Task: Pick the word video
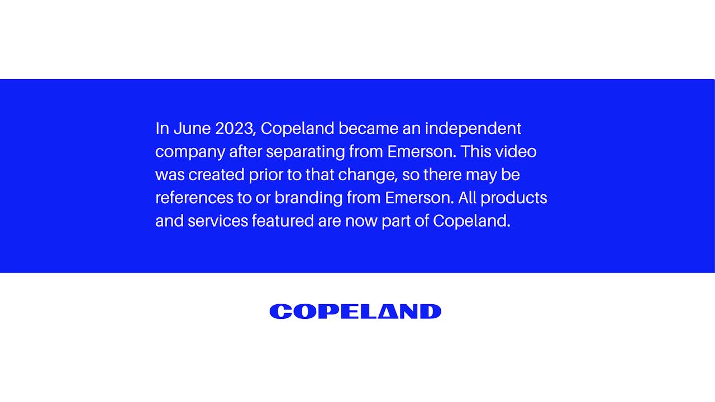click(x=516, y=151)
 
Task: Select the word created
click(x=216, y=175)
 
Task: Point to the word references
click(x=194, y=198)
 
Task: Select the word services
click(x=218, y=221)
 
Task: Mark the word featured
click(x=283, y=221)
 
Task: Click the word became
click(x=368, y=128)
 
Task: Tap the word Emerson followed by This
click(x=422, y=152)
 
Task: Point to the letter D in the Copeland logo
click(x=431, y=312)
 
